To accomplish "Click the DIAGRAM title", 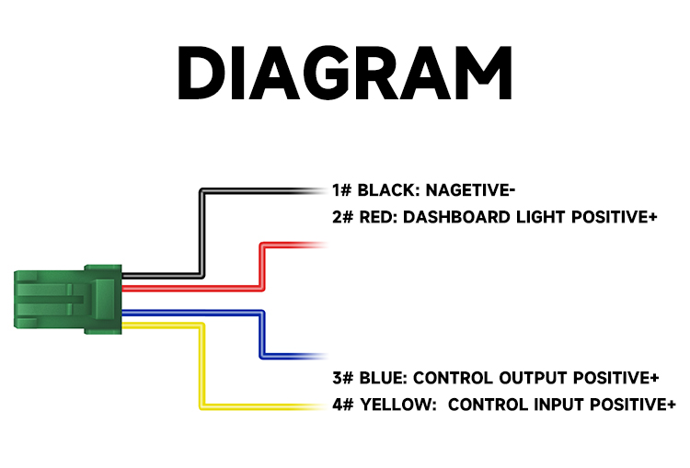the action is pyautogui.click(x=345, y=73).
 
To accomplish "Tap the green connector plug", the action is pyautogui.click(x=68, y=299).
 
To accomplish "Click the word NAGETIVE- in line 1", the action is pyautogui.click(x=470, y=190).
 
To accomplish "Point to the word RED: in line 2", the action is pyautogui.click(x=378, y=217).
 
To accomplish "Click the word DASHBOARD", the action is pyautogui.click(x=456, y=217).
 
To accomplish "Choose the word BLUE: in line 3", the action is pyautogui.click(x=384, y=378).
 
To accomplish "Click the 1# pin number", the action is pyautogui.click(x=342, y=190).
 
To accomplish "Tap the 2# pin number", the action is pyautogui.click(x=343, y=217).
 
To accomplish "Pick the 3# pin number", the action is pyautogui.click(x=343, y=378).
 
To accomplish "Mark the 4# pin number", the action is pyautogui.click(x=343, y=405).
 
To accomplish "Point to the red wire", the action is pyautogui.click(x=262, y=264).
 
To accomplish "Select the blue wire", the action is pyautogui.click(x=262, y=335).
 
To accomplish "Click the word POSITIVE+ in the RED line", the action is pyautogui.click(x=615, y=217).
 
